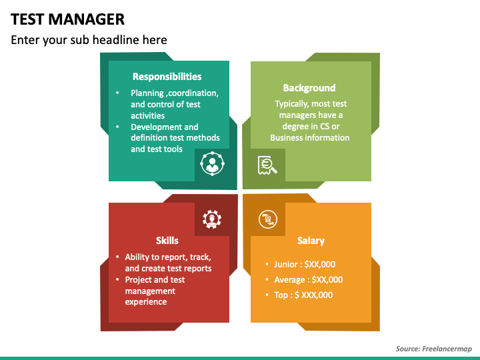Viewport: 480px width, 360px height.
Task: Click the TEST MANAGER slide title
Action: [x=67, y=18]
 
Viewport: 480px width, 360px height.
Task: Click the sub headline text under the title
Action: [x=89, y=40]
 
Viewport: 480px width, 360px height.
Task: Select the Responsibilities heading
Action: [x=167, y=77]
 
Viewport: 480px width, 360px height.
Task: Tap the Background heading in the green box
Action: [x=309, y=88]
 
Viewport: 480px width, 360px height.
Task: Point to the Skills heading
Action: [x=167, y=241]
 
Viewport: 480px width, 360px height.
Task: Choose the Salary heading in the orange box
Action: [x=311, y=241]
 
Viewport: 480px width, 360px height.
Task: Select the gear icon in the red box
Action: [x=212, y=218]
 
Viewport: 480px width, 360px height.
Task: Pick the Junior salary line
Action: [x=305, y=265]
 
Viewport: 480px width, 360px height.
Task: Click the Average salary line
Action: [x=308, y=280]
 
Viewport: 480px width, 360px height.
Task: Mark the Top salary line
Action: [x=303, y=295]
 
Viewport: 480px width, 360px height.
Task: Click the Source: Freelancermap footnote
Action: [x=433, y=349]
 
